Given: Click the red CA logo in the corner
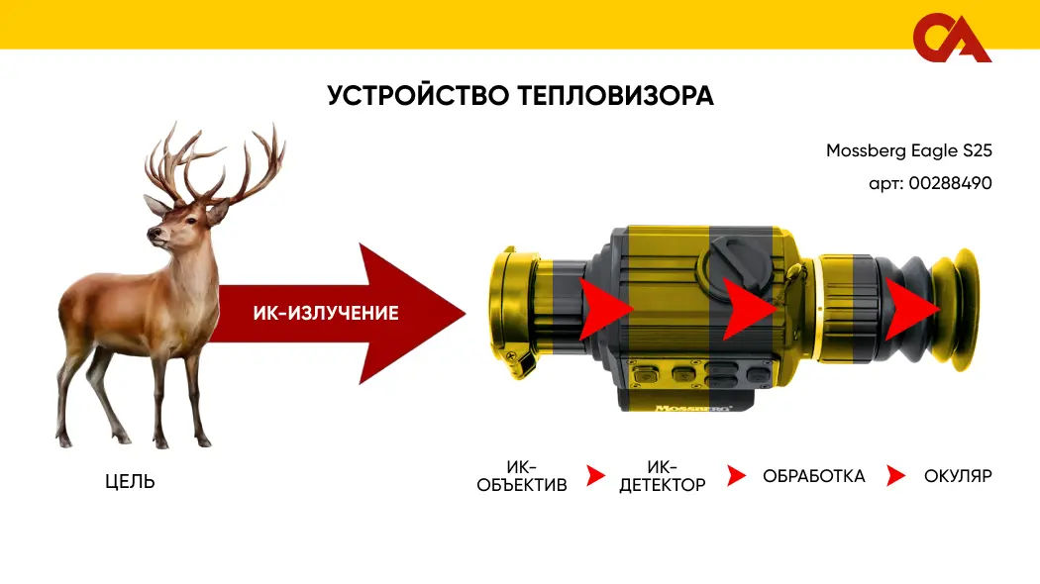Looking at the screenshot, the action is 951,38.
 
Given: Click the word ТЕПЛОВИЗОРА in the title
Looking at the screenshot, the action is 615,95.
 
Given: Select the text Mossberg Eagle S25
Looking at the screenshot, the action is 908,151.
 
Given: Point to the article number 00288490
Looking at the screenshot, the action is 951,183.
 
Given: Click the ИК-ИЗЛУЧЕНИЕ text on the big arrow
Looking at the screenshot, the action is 326,313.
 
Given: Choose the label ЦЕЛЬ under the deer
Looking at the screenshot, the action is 130,481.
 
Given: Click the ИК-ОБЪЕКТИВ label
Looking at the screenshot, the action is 522,476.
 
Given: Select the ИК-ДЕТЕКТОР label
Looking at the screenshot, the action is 662,476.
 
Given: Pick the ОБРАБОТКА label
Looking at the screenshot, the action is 814,476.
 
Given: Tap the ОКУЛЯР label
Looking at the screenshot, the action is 958,476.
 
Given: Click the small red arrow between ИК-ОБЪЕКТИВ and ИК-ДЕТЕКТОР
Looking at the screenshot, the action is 595,475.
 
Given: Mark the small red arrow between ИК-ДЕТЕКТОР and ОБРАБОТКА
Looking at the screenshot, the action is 736,475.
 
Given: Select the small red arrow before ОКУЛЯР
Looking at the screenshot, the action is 894,475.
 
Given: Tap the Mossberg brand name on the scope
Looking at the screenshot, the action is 693,408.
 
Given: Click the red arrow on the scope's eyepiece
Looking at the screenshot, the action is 911,309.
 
